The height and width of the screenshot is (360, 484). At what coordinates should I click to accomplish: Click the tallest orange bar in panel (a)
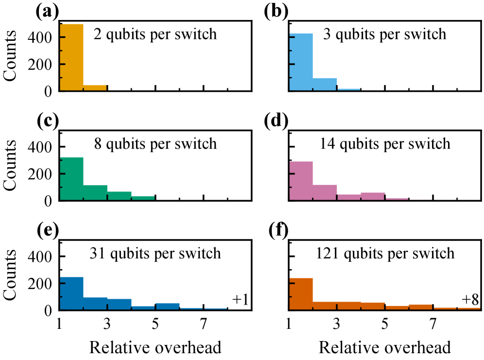(x=71, y=57)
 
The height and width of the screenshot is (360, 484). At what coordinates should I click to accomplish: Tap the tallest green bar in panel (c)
(x=71, y=179)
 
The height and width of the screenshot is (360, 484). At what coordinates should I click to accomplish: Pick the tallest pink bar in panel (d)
(x=301, y=181)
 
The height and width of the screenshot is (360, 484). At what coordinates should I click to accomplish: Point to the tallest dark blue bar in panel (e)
(x=71, y=293)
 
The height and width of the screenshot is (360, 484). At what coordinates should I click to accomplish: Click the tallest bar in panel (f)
(x=301, y=294)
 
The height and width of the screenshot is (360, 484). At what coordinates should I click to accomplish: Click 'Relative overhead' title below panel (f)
(x=385, y=347)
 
